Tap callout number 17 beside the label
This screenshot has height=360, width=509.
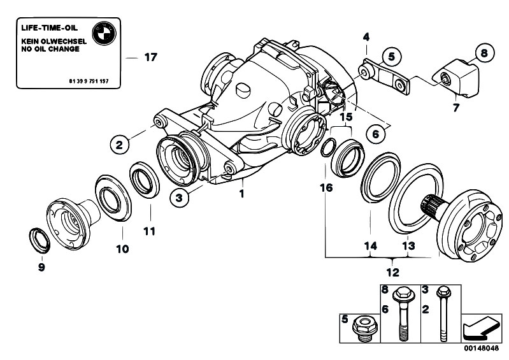click(150, 57)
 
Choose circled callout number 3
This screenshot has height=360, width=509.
click(180, 198)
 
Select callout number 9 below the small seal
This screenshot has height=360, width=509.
click(41, 268)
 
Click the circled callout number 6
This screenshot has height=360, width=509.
click(377, 134)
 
